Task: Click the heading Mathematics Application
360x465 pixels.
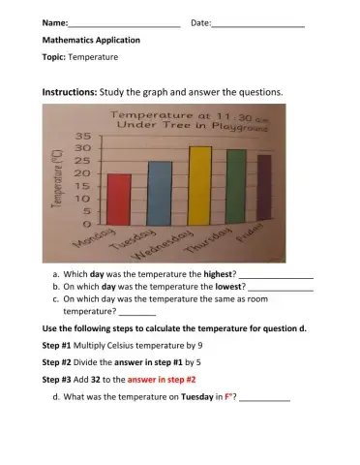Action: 91,41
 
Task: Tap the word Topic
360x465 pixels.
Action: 53,57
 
